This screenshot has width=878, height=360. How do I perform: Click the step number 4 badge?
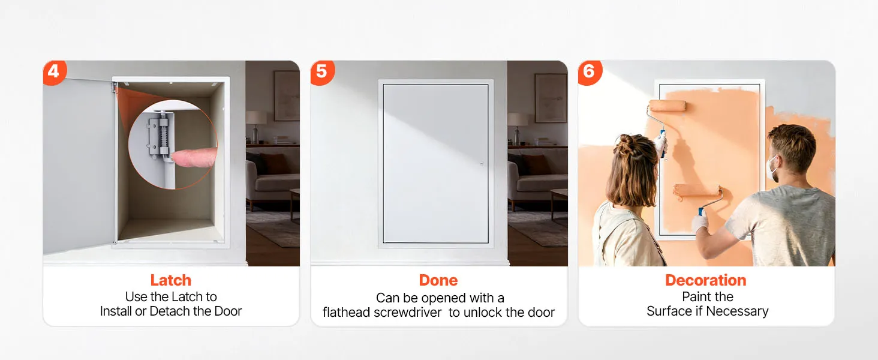click(x=54, y=72)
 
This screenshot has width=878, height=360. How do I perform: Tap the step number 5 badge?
click(x=322, y=72)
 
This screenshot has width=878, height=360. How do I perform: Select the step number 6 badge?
click(x=590, y=72)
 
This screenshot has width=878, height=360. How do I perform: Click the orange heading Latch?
click(x=171, y=280)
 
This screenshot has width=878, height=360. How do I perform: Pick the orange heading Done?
click(x=438, y=280)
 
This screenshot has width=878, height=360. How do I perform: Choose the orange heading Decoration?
click(x=706, y=280)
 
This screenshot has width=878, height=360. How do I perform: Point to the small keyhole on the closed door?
click(x=482, y=163)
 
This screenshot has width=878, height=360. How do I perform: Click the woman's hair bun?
click(x=626, y=142)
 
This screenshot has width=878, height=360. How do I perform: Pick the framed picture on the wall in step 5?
click(x=551, y=98)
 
